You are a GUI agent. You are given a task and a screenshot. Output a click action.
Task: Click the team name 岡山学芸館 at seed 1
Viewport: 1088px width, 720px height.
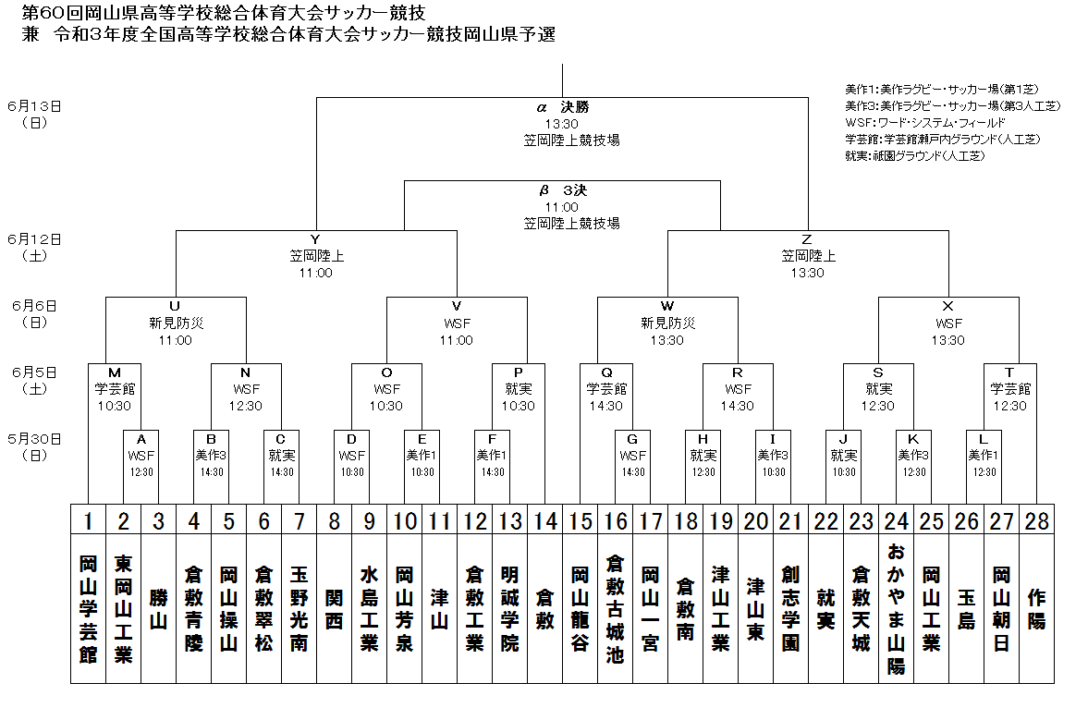(88, 608)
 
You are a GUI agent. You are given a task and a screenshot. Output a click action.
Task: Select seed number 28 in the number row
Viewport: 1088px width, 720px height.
(1037, 520)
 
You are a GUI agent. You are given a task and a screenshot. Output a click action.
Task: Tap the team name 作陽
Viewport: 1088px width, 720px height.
(1037, 608)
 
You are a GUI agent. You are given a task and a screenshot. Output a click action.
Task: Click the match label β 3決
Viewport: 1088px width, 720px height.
(562, 190)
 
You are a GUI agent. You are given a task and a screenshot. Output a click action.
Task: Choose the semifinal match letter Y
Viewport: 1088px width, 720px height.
(316, 239)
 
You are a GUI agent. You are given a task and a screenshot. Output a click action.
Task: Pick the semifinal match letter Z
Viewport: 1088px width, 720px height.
(807, 239)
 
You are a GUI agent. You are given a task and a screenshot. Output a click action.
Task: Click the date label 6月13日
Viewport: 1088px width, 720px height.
(34, 105)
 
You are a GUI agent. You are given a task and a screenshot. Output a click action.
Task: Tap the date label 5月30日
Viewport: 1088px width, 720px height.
(34, 438)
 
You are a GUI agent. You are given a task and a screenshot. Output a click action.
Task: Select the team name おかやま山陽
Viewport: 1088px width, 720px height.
(896, 608)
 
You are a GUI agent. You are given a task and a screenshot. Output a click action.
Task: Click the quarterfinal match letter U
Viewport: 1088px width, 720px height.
(175, 306)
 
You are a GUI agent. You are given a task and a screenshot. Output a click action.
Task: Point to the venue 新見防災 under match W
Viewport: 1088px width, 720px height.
(667, 323)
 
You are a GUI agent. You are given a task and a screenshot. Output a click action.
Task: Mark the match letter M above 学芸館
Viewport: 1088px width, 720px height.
(115, 372)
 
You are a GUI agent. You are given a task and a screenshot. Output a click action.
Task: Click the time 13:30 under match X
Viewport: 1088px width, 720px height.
(947, 340)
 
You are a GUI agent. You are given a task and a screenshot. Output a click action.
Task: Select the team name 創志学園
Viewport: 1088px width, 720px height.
(790, 608)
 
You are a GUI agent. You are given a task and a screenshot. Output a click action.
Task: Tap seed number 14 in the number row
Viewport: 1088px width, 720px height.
(545, 520)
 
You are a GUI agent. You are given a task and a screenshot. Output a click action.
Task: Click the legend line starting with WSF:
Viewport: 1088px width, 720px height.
(924, 123)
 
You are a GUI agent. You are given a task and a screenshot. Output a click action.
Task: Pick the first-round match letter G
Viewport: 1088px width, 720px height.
(632, 439)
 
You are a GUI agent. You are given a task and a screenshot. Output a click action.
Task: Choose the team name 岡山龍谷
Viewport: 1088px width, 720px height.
(580, 608)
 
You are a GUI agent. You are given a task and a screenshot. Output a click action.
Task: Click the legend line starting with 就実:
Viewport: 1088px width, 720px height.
(914, 156)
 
